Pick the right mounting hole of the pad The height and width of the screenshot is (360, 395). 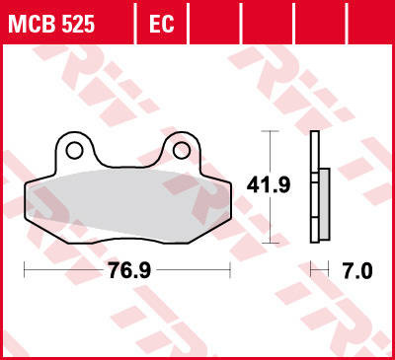point(181,150)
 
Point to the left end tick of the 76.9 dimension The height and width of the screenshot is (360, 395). point(24,268)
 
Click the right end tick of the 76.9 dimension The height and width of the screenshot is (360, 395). point(230,268)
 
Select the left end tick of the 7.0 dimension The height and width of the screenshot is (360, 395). point(311,268)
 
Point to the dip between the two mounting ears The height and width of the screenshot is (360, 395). point(128,164)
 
